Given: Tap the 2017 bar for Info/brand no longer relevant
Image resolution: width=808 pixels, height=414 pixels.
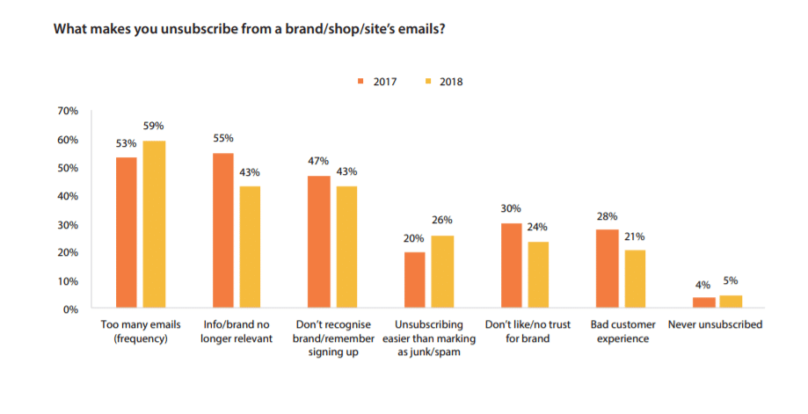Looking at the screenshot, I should click(x=224, y=230).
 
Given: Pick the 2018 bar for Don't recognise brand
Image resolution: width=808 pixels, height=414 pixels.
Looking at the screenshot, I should click(x=346, y=247).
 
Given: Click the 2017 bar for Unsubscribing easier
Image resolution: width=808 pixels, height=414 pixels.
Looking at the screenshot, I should click(x=414, y=280).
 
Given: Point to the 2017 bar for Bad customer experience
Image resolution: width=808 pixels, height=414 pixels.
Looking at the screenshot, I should click(x=607, y=269).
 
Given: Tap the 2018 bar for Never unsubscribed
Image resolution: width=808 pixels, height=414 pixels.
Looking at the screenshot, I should click(x=730, y=301).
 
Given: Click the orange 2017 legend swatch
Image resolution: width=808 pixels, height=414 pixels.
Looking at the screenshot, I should click(x=360, y=82).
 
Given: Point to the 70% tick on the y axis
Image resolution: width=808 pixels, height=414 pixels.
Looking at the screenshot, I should click(x=68, y=112).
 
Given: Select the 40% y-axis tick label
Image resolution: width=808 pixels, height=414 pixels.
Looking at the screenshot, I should click(x=68, y=196).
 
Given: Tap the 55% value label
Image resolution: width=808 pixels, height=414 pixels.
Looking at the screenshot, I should click(x=224, y=139).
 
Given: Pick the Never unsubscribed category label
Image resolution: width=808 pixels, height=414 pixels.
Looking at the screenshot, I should click(x=715, y=324).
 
